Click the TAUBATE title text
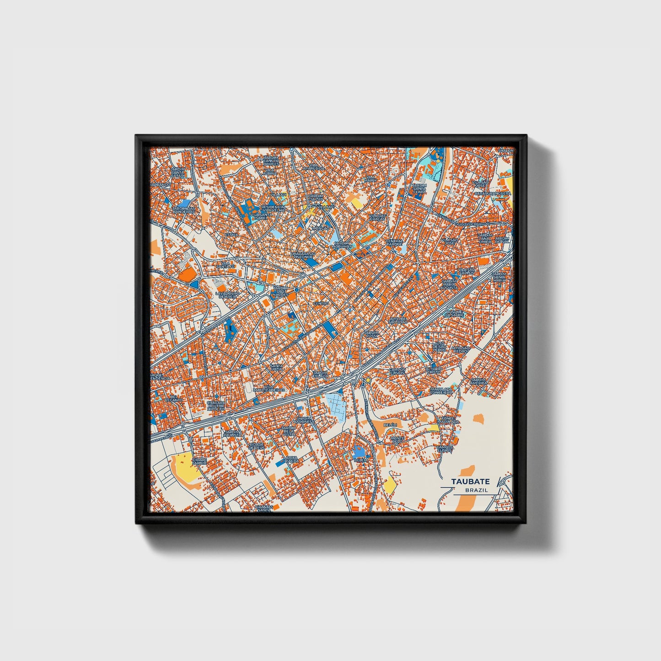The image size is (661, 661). click(470, 481)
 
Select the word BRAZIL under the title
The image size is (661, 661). click(476, 490)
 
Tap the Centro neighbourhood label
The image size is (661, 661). click(321, 303)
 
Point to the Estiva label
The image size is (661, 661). click(231, 235)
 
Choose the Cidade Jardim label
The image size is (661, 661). click(199, 461)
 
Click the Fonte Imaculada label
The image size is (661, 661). click(448, 420)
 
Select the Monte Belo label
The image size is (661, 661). click(397, 440)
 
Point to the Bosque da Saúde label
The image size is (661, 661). click(454, 313)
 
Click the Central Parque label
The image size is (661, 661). click(394, 242)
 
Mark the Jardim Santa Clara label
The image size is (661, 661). click(419, 188)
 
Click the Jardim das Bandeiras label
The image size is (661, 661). click(183, 210)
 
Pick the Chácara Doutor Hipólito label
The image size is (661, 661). click(216, 406)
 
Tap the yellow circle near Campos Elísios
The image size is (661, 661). click(367, 380)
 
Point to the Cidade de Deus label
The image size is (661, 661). click(257, 446)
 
